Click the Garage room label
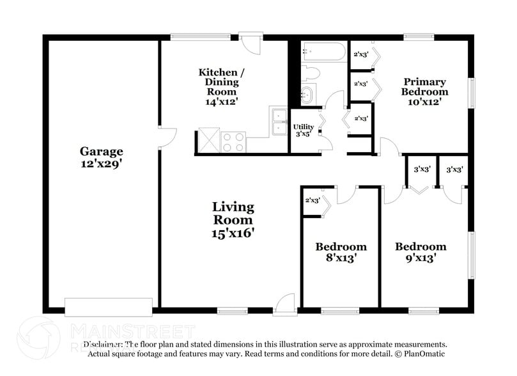(101, 152)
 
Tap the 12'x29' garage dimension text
(101, 163)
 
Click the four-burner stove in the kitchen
(233, 141)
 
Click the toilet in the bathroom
(310, 72)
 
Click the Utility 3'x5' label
(304, 130)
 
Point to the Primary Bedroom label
(424, 86)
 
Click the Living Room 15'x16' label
(233, 220)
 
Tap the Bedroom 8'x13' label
(341, 252)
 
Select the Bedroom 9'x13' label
(420, 252)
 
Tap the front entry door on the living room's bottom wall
(284, 305)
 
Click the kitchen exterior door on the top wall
(254, 44)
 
